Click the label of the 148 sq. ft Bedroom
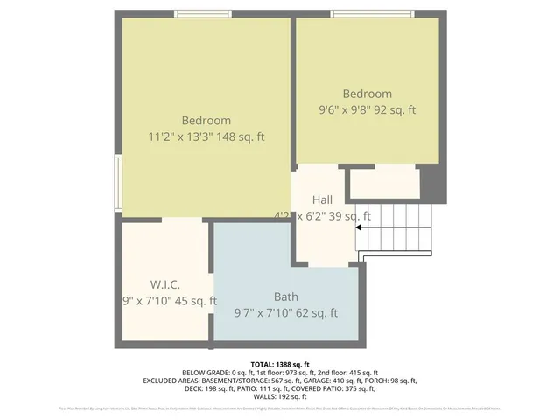[x=206, y=121]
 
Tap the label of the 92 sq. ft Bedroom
[x=367, y=94]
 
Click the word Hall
[x=322, y=200]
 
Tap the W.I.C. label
[x=164, y=285]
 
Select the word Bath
[x=285, y=297]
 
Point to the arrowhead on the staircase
[x=359, y=229]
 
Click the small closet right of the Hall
[x=384, y=184]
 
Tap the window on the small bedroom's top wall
[x=371, y=14]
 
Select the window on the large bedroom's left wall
[x=118, y=182]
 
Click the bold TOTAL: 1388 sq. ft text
[x=279, y=364]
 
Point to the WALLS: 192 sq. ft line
[x=279, y=396]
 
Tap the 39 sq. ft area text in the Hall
[x=348, y=216]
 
